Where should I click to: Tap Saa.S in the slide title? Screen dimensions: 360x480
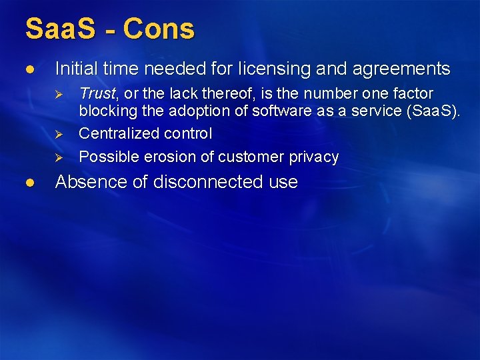point(62,29)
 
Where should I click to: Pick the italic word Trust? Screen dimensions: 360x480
point(96,93)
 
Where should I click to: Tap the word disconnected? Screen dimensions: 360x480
point(195,181)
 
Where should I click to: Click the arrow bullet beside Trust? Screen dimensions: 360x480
point(59,94)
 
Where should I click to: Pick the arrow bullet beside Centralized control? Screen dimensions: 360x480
point(59,134)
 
